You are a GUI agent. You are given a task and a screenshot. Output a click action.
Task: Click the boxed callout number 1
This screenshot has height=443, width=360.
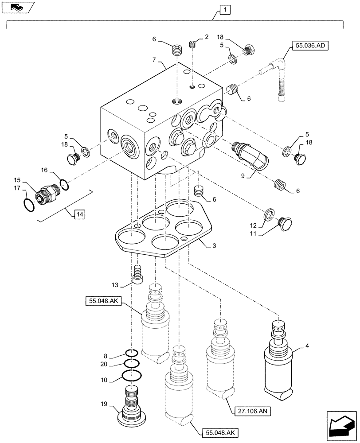(225, 9)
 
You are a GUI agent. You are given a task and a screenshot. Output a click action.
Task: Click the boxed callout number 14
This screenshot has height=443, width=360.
(79, 215)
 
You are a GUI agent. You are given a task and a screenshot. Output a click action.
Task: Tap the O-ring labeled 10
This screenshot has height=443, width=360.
(131, 376)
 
